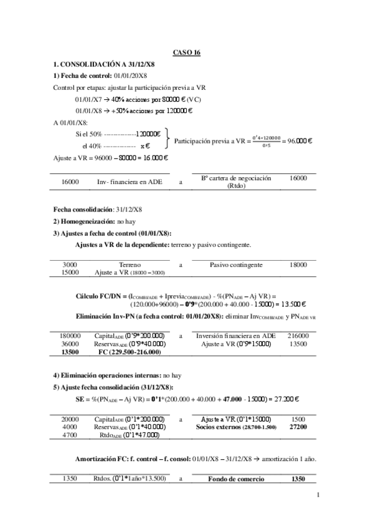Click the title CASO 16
(186, 54)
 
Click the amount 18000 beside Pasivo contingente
(298, 264)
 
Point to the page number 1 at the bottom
(318, 495)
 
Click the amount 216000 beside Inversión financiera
(298, 335)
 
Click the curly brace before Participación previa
(167, 142)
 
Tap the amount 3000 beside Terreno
(70, 264)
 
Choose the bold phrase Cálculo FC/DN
(101, 295)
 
